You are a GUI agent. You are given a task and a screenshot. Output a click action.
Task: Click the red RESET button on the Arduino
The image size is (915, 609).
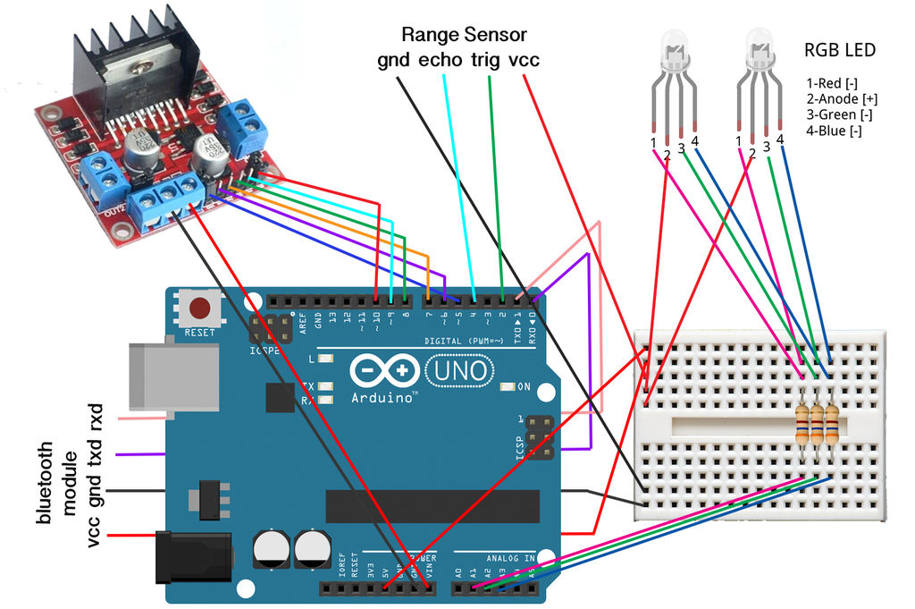tap(200, 310)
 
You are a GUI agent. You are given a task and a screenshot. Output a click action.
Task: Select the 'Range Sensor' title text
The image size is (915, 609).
tap(464, 35)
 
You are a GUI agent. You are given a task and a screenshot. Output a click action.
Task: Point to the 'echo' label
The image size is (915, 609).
tap(440, 61)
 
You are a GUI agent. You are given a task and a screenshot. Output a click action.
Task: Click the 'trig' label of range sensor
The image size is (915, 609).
tap(487, 61)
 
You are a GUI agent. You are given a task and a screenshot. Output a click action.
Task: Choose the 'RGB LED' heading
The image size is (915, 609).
tap(841, 50)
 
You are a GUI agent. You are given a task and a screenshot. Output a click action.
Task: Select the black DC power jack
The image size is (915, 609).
tap(192, 557)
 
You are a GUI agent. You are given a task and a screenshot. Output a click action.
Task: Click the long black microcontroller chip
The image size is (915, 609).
tap(432, 506)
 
